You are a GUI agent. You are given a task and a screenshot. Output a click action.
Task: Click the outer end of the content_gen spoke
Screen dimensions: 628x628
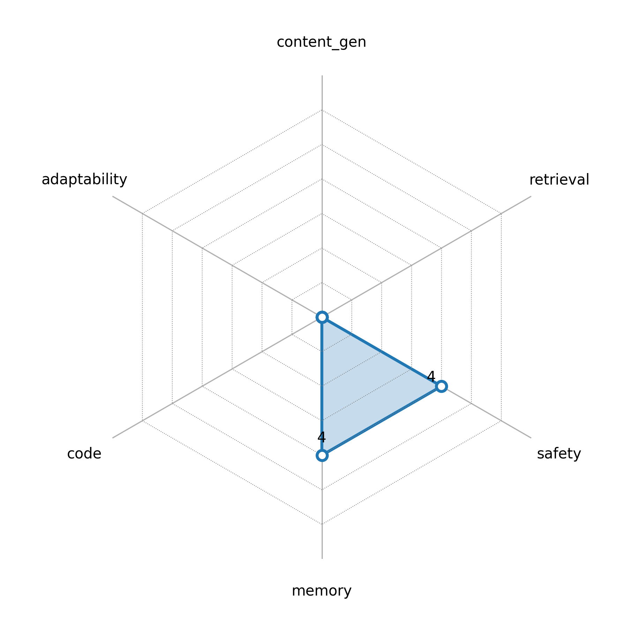pyautogui.click(x=322, y=75)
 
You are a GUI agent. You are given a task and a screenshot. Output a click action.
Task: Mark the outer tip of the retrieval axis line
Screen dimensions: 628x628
pyautogui.click(x=531, y=196)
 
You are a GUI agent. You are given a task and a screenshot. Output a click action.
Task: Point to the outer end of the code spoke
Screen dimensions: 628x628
pyautogui.click(x=113, y=438)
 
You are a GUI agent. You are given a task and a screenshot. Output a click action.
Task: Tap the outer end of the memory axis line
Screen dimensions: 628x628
pyautogui.click(x=322, y=559)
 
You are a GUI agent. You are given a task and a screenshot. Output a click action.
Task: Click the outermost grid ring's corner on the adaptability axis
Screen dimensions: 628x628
pyautogui.click(x=142, y=214)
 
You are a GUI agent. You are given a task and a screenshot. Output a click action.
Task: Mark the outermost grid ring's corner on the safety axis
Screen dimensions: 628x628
pyautogui.click(x=501, y=421)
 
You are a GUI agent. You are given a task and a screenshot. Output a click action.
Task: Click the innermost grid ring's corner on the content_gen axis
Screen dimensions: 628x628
pyautogui.click(x=322, y=283)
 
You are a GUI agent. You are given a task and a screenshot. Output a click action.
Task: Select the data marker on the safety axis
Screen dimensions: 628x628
pyautogui.click(x=441, y=386)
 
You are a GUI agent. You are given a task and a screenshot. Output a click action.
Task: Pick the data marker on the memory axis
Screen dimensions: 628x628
pyautogui.click(x=322, y=455)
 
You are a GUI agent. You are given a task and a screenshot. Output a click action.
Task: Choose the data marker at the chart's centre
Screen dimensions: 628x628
pyautogui.click(x=322, y=317)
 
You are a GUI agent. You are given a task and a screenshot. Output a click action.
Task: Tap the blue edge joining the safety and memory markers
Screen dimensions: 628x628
pyautogui.click(x=382, y=421)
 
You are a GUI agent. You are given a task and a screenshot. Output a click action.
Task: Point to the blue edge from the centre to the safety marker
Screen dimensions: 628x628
pyautogui.click(x=382, y=352)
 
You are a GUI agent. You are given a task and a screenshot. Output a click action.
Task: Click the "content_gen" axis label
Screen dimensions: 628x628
pyautogui.click(x=321, y=43)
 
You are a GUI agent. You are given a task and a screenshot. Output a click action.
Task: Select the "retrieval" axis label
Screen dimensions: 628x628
pyautogui.click(x=559, y=180)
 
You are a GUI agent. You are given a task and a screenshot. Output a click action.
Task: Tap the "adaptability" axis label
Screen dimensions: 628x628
pyautogui.click(x=84, y=180)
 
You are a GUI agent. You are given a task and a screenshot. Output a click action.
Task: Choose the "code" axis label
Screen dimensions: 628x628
pyautogui.click(x=84, y=454)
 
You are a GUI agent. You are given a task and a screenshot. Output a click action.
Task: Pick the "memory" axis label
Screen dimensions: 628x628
pyautogui.click(x=321, y=591)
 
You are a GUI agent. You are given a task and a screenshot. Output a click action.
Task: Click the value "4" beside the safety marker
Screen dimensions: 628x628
pyautogui.click(x=431, y=376)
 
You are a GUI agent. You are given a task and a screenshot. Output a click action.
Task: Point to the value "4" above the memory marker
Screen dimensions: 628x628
pyautogui.click(x=322, y=437)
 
